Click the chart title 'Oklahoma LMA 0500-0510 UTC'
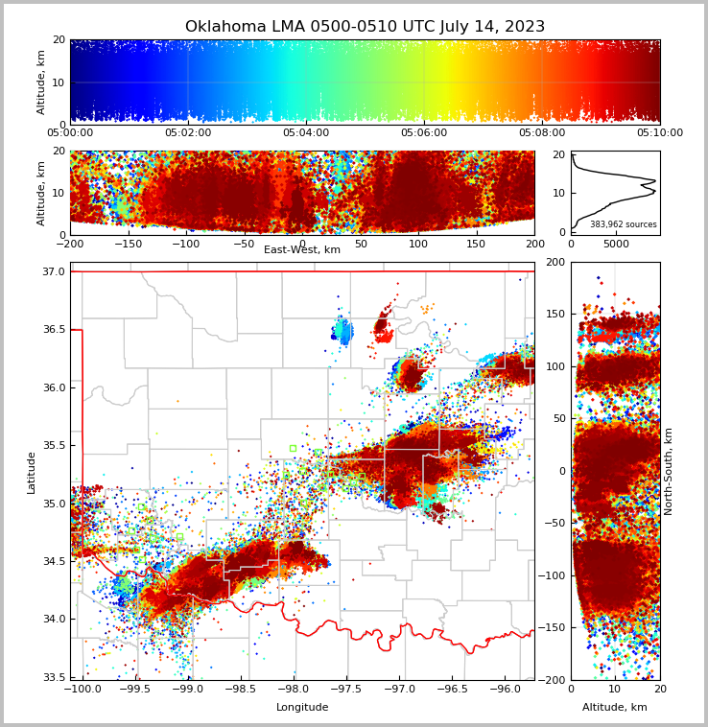tap(365, 27)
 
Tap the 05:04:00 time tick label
tap(306, 133)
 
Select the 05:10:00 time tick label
tap(660, 133)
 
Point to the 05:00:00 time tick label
tap(70, 133)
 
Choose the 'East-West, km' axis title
tap(302, 250)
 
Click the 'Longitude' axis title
tap(302, 708)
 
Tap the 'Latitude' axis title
tap(32, 472)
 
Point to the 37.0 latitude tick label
tap(54, 272)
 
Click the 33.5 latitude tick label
tap(54, 677)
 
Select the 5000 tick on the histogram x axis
tap(616, 244)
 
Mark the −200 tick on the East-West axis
tap(70, 243)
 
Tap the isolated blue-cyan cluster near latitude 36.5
tap(342, 331)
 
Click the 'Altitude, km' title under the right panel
tap(615, 708)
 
